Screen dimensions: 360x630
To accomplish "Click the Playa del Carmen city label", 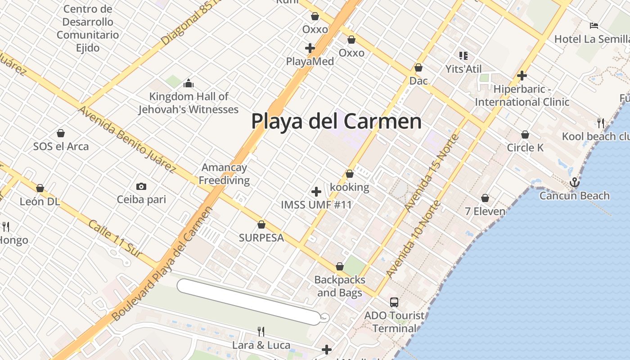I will [336, 121].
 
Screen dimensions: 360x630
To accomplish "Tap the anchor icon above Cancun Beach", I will [574, 183].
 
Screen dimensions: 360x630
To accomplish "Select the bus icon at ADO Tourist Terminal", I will [394, 302].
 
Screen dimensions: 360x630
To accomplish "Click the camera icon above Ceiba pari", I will [141, 186].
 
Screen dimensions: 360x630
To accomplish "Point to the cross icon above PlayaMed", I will [310, 48].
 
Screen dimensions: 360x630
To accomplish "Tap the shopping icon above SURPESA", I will [261, 225].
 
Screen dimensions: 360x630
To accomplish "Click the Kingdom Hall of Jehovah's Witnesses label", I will [189, 103].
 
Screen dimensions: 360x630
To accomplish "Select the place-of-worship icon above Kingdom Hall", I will [188, 83].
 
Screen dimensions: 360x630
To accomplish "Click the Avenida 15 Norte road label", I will [431, 173].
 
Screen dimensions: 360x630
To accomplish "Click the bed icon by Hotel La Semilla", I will [594, 25].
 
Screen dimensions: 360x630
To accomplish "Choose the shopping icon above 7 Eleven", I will [485, 198].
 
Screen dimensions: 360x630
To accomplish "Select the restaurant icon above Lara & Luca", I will [261, 332].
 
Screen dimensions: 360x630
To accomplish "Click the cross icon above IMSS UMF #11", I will [316, 192].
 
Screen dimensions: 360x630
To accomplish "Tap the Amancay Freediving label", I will [224, 174].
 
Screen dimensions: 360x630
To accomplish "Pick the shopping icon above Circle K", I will [525, 135].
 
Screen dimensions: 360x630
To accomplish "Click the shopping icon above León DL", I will [40, 188].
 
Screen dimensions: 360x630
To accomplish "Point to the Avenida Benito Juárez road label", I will [126, 139].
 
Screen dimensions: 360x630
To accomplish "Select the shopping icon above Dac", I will [418, 67].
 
